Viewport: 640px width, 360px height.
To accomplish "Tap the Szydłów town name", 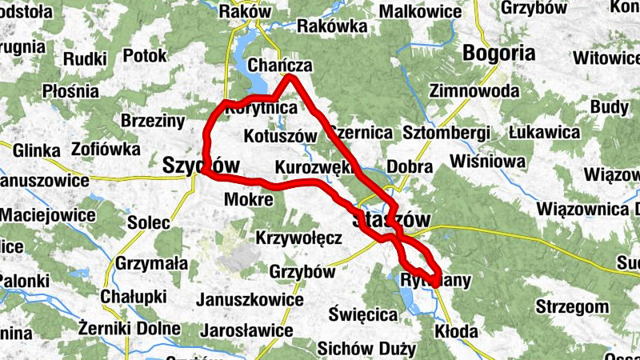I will (x=201, y=166).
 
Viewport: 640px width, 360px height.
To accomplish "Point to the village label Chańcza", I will (x=279, y=66).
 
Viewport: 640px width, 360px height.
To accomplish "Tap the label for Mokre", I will (x=250, y=199).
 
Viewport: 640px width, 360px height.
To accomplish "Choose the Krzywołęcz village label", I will (x=299, y=238).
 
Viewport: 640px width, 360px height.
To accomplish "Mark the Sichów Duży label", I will (x=366, y=349).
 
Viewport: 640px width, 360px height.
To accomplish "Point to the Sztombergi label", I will (x=446, y=131).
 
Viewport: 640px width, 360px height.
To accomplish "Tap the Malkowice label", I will (x=420, y=12).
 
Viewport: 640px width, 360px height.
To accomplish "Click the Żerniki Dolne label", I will (x=130, y=327).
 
